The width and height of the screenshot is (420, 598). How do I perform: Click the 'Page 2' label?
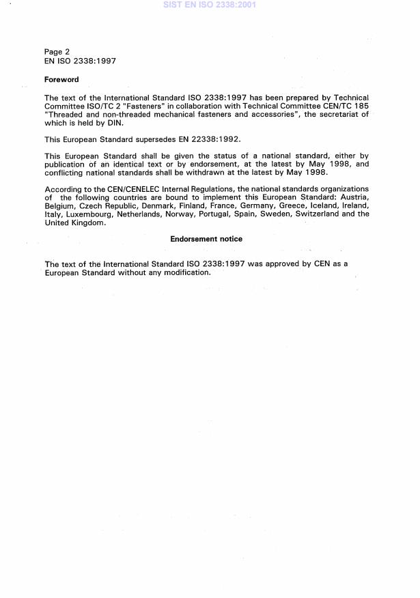(x=57, y=51)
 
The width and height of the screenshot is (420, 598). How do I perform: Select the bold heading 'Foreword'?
(x=61, y=80)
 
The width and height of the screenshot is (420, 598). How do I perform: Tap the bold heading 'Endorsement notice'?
(x=206, y=239)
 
